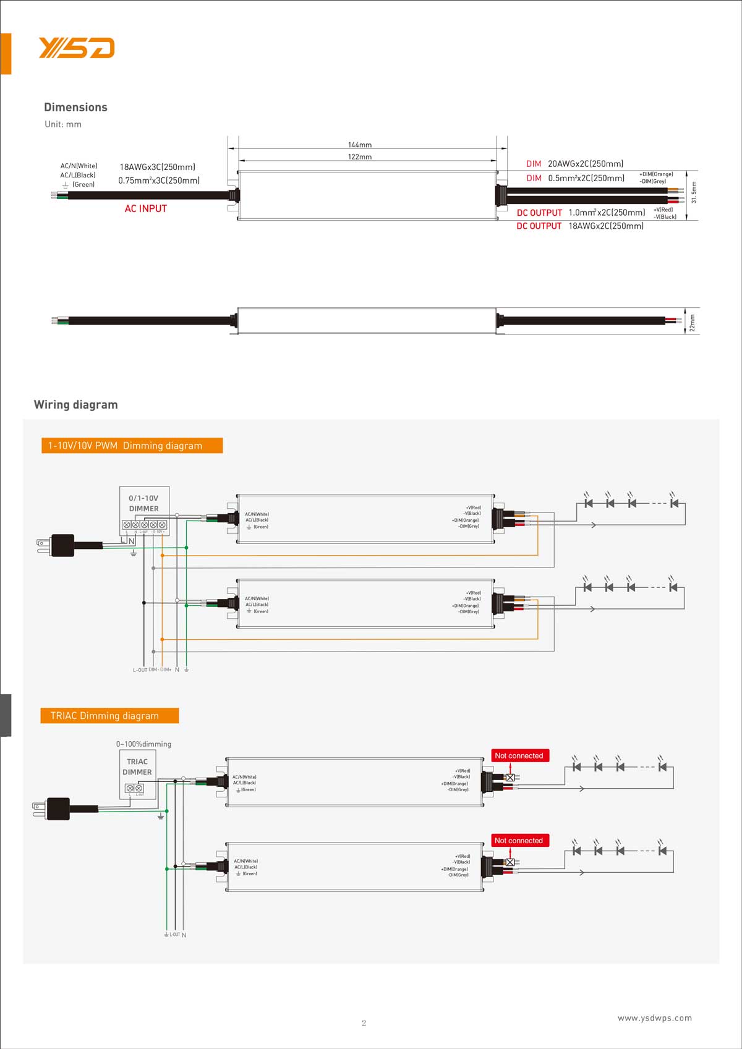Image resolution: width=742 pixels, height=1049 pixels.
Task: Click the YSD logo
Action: tap(77, 48)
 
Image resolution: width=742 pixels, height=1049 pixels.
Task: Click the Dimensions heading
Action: tap(75, 107)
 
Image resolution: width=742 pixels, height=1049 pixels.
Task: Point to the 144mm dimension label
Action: tap(360, 145)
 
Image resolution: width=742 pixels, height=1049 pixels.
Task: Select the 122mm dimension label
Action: tap(360, 156)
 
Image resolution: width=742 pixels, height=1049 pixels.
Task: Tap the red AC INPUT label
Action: tap(146, 208)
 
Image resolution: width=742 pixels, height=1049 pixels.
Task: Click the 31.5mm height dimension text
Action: tap(694, 192)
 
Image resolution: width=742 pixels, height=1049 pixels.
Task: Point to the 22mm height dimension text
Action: tap(693, 323)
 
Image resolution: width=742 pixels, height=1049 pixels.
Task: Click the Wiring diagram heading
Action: tap(75, 404)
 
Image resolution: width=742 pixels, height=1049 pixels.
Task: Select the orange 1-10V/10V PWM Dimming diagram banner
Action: tap(132, 446)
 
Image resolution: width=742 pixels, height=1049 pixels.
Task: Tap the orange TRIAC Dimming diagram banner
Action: tap(109, 716)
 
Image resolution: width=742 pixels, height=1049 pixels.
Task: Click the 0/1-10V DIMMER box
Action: tap(144, 511)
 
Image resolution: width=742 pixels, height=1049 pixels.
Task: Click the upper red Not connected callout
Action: tap(519, 755)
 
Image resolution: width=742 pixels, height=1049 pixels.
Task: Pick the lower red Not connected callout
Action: tap(519, 841)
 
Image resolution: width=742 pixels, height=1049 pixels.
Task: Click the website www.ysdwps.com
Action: tap(655, 1017)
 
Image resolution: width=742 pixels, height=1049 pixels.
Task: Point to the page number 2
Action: tap(364, 1023)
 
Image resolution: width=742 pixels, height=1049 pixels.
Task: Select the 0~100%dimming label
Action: tap(143, 744)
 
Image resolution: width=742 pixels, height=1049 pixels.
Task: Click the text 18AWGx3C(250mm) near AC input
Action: tap(158, 167)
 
